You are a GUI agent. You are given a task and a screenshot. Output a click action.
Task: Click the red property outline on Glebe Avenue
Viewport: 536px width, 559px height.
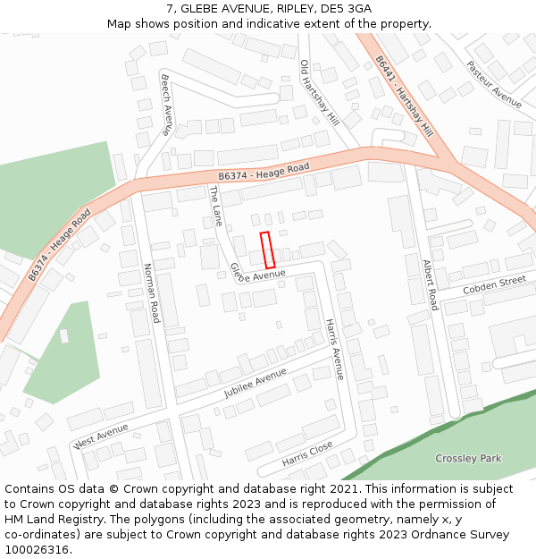tap(266, 250)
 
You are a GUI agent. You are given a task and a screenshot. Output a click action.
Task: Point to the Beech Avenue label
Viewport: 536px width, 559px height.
tap(167, 104)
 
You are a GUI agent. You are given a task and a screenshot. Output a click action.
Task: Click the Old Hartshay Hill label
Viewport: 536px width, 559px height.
tap(319, 92)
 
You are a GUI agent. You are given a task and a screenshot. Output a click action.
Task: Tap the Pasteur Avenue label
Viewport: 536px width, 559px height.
tap(493, 84)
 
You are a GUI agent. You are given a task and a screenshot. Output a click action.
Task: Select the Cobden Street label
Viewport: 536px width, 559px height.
tap(494, 286)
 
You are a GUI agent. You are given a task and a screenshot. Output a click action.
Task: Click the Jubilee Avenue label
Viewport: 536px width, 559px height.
tap(255, 382)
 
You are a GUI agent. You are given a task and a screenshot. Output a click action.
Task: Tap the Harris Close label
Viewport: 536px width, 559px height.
tap(307, 453)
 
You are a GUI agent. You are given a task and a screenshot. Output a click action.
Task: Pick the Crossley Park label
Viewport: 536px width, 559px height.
tap(468, 458)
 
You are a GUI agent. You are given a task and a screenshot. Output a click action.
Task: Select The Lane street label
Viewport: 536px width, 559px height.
tap(215, 205)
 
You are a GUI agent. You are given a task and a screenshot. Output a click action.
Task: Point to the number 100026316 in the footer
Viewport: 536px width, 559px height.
tap(38, 549)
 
